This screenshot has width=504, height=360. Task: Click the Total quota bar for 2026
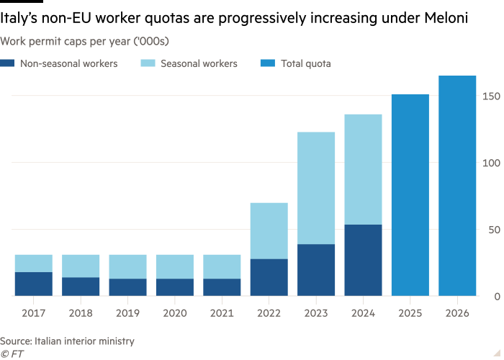pyautogui.click(x=457, y=186)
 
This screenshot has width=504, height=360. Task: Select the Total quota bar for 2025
pyautogui.click(x=410, y=194)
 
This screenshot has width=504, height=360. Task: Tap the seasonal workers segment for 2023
pyautogui.click(x=316, y=188)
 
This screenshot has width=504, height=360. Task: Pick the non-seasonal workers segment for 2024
pyautogui.click(x=363, y=260)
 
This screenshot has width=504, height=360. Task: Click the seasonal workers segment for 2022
pyautogui.click(x=269, y=230)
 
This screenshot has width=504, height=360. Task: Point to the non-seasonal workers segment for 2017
pyautogui.click(x=33, y=284)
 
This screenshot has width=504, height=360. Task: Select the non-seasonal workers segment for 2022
pyautogui.click(x=269, y=277)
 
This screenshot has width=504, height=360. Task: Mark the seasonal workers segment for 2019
pyautogui.click(x=127, y=266)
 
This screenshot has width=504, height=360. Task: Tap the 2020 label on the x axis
pyautogui.click(x=174, y=313)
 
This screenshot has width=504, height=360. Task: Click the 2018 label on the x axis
pyautogui.click(x=81, y=313)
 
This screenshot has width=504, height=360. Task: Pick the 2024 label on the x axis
pyautogui.click(x=363, y=313)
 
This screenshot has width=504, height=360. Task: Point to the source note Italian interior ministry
pyautogui.click(x=67, y=341)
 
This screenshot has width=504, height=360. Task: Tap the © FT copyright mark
pyautogui.click(x=10, y=354)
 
